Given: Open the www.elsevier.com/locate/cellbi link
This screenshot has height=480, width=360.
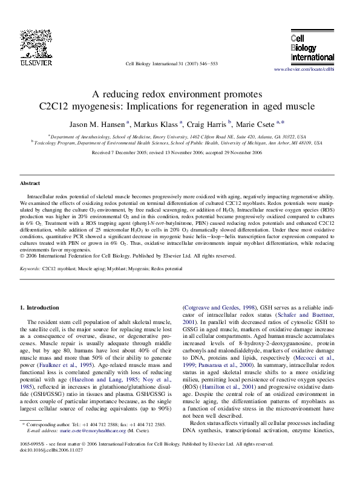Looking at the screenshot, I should click(x=304, y=70).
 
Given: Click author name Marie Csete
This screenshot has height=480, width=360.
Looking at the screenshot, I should click(x=257, y=123).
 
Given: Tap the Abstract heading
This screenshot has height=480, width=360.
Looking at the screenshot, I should click(x=30, y=183).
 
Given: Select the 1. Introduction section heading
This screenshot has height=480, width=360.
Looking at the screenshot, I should click(x=40, y=308).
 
